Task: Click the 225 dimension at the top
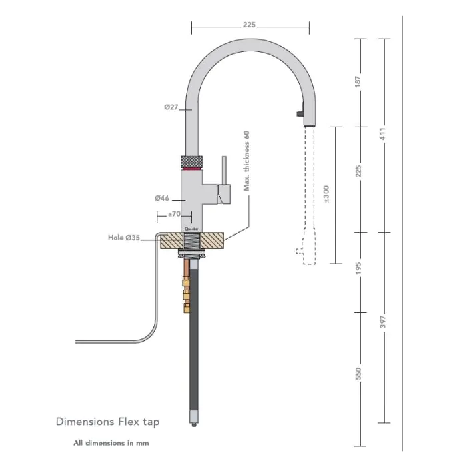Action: [x=249, y=25]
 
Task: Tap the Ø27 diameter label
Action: [x=170, y=107]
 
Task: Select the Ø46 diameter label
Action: [x=161, y=198]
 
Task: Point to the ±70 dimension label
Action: [x=173, y=215]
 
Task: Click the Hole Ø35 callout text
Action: [x=124, y=237]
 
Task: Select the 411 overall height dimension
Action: [x=384, y=133]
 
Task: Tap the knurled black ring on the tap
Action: [x=193, y=161]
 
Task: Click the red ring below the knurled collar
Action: [x=193, y=171]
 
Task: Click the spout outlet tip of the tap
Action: [x=308, y=122]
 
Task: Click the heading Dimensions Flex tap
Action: [x=107, y=422]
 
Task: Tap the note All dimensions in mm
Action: [x=111, y=442]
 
